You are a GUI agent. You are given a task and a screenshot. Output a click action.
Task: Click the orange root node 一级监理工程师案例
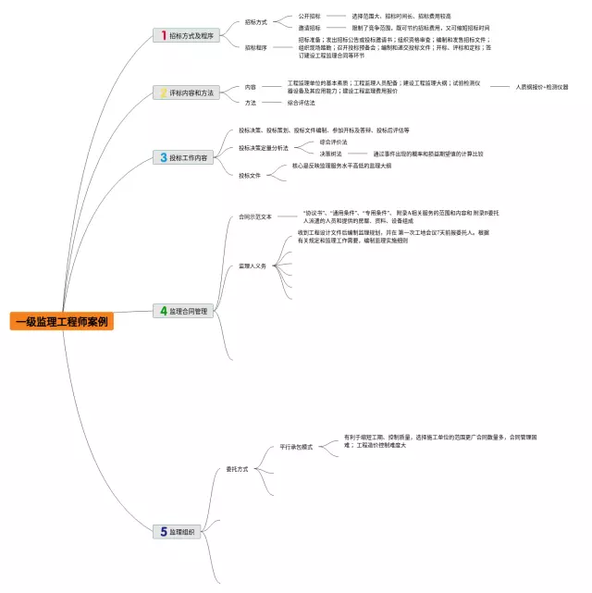point(62,322)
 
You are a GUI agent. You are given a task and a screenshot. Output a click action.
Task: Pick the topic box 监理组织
point(178,532)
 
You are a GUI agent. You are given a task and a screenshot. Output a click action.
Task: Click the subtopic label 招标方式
point(256,21)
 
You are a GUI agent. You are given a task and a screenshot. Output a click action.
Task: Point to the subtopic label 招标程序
point(256,46)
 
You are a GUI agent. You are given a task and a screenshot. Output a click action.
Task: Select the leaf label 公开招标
point(309,16)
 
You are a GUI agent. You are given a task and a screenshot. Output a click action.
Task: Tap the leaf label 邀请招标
point(309,28)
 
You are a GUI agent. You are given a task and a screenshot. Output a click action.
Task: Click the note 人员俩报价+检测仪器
point(542,87)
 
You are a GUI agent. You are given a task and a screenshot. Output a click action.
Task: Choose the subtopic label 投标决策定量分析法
point(264,147)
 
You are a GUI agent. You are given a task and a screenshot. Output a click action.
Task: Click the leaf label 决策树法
point(331,154)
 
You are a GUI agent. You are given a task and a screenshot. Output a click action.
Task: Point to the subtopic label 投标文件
point(250,175)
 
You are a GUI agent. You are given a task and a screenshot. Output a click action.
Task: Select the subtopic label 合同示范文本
point(255,216)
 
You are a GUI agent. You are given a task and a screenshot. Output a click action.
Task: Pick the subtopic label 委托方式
point(238,469)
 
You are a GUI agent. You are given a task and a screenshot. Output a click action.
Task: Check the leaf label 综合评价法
point(334,142)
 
